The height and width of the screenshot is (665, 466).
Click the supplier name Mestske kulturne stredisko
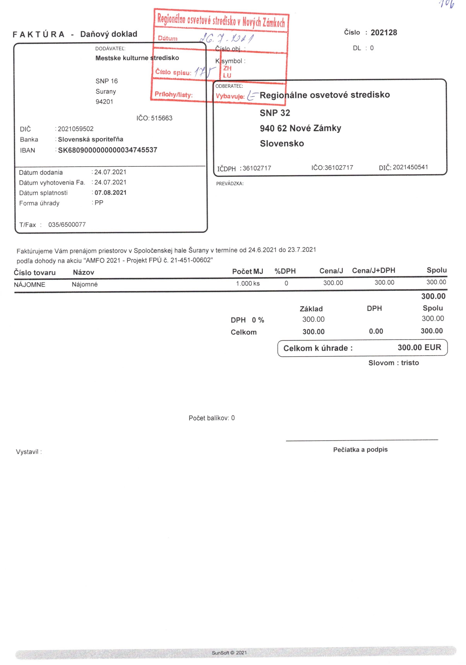click(x=137, y=58)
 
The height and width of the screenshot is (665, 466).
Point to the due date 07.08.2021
click(x=110, y=193)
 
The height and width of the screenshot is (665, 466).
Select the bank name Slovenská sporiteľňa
click(x=90, y=139)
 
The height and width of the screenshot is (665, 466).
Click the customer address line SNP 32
click(x=274, y=113)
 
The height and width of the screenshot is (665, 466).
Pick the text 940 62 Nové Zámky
click(x=300, y=128)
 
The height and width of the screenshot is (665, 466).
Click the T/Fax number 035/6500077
click(x=67, y=224)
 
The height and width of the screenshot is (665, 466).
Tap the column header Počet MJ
click(x=247, y=271)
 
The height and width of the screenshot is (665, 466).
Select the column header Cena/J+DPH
click(x=373, y=270)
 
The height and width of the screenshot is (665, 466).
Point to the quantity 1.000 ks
click(x=248, y=283)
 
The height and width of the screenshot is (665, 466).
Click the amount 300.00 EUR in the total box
click(x=419, y=347)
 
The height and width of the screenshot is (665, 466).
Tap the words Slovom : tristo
click(x=393, y=363)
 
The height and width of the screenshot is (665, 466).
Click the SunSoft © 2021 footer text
click(x=229, y=653)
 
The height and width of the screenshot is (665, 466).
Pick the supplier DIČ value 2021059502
click(x=76, y=129)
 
